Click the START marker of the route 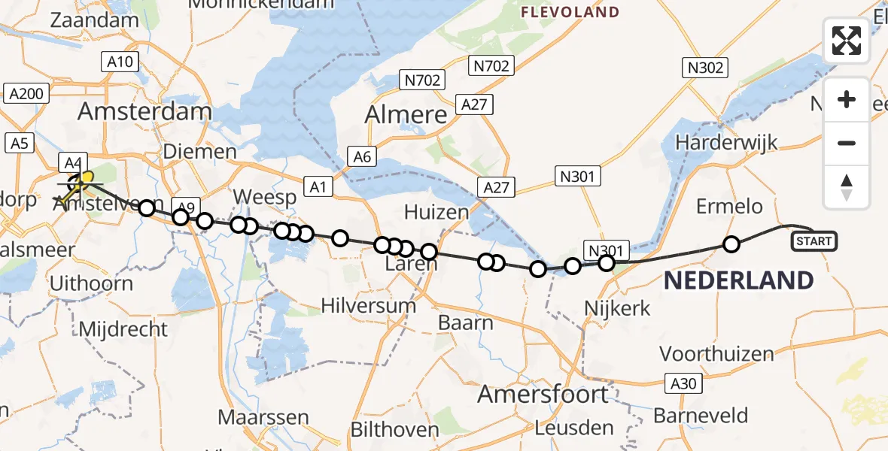coord(813,241)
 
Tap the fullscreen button coord(847,41)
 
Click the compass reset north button coord(847,186)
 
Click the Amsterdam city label coord(145,112)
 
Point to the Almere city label coord(406,114)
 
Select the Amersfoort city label coord(543,394)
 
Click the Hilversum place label coord(368,305)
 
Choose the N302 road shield coord(705,68)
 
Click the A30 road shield coord(684,383)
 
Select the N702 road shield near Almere coord(422,80)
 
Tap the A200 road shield coord(27,94)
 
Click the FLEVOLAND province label coord(570,12)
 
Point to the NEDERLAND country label coord(737,281)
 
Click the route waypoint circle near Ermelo coord(731,244)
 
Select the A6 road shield coord(362,156)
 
